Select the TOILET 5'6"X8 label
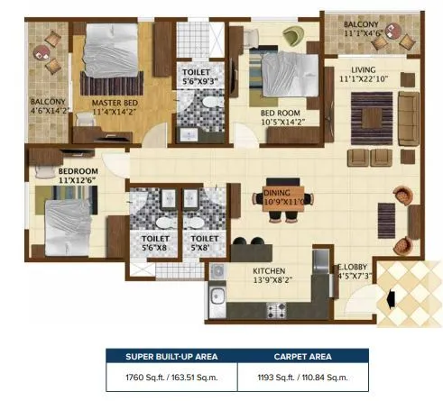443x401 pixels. (156, 243)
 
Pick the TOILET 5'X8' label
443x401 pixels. (200, 243)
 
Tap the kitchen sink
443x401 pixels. (217, 298)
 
